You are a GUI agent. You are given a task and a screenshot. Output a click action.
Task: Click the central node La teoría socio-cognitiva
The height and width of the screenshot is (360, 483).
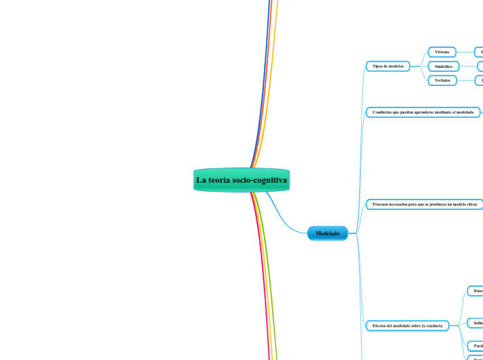[241, 180]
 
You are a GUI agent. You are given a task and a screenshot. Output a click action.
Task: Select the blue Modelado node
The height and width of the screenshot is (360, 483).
[328, 234]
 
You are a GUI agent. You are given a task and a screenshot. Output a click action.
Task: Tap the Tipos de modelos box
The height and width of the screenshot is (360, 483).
[387, 66]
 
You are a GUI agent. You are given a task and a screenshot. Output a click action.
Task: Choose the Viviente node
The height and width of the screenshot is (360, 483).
[442, 52]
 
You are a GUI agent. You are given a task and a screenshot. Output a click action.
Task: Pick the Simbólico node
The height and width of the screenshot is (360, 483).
[443, 66]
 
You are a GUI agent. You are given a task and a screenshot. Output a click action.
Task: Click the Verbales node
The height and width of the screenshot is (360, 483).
[442, 80]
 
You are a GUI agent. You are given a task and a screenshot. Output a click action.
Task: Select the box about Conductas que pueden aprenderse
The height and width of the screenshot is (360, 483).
[423, 111]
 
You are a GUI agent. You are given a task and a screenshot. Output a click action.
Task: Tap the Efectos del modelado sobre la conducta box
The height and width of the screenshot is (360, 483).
[407, 325]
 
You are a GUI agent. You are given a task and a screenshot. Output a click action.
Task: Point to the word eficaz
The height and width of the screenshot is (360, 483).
[470, 204]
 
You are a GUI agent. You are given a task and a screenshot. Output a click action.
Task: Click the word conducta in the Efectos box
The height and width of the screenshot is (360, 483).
[433, 325]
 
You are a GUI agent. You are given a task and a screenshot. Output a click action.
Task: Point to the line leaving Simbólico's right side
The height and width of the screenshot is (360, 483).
[468, 66]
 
